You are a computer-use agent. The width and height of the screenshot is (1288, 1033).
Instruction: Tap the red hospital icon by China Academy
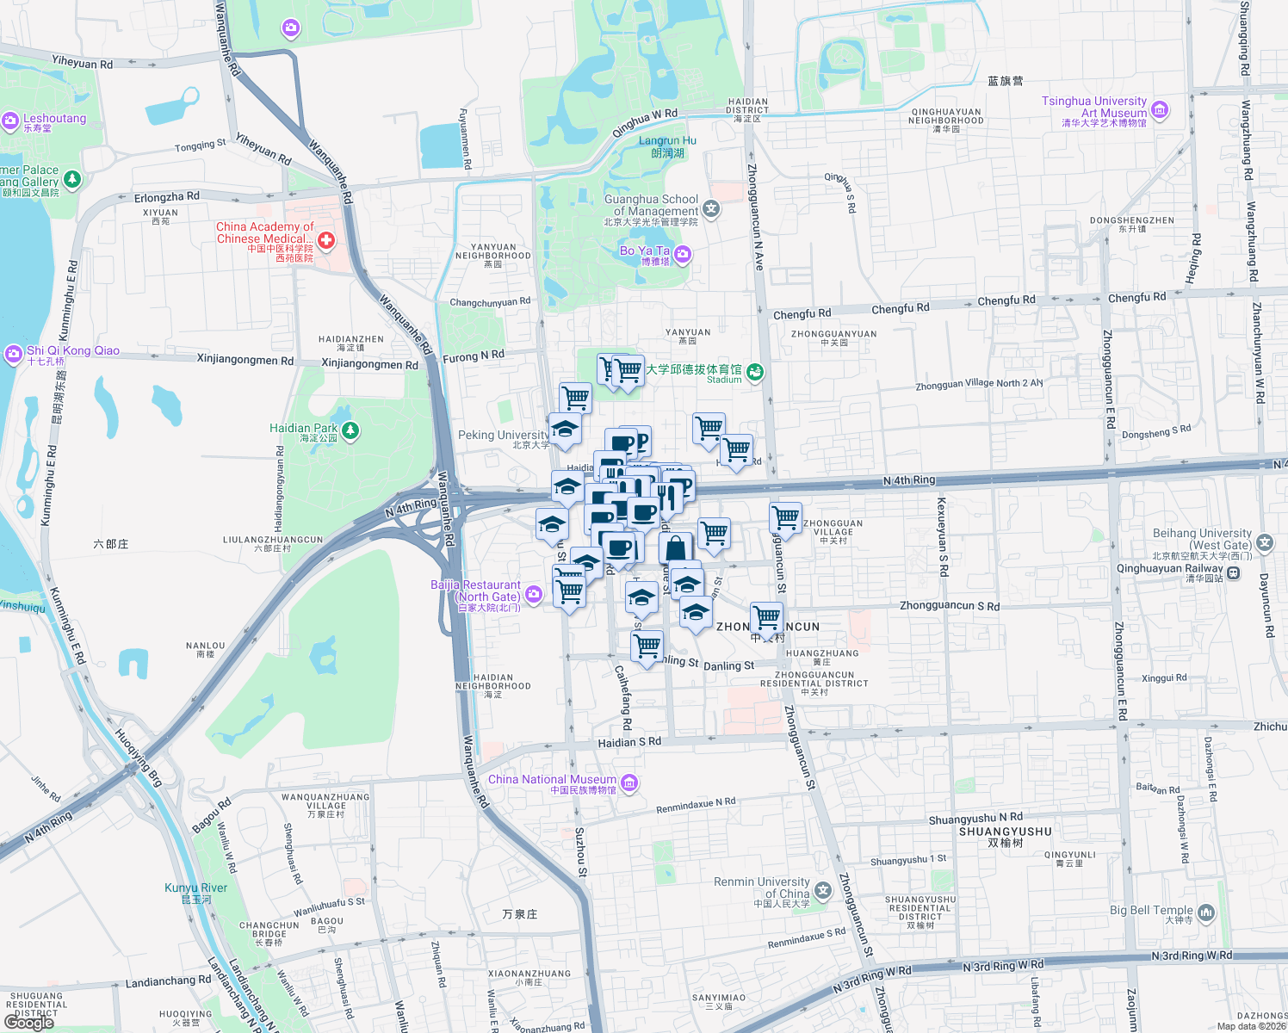pyautogui.click(x=326, y=240)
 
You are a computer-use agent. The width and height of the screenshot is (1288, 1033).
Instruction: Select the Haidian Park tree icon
pyautogui.click(x=350, y=430)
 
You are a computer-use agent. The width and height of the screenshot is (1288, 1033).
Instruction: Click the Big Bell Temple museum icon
pyautogui.click(x=1206, y=912)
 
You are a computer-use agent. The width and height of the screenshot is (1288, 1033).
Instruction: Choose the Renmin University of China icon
pyautogui.click(x=823, y=890)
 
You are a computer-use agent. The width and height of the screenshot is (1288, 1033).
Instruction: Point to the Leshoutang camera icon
pyautogui.click(x=10, y=121)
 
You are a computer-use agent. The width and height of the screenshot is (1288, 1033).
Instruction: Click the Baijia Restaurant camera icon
pyautogui.click(x=534, y=593)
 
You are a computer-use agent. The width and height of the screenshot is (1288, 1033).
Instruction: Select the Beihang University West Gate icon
pyautogui.click(x=1265, y=542)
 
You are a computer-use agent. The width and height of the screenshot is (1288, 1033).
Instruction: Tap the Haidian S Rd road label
pyautogui.click(x=629, y=742)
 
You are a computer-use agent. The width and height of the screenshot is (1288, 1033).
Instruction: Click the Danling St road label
pyautogui.click(x=728, y=665)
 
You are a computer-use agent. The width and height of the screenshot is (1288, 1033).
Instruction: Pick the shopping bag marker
pyautogui.click(x=676, y=547)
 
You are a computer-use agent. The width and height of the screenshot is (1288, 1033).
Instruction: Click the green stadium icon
pyautogui.click(x=755, y=372)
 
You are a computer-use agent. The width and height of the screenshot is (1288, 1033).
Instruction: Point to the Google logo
pyautogui.click(x=29, y=1023)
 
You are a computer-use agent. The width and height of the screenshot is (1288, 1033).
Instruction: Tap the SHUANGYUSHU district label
pyautogui.click(x=1006, y=832)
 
